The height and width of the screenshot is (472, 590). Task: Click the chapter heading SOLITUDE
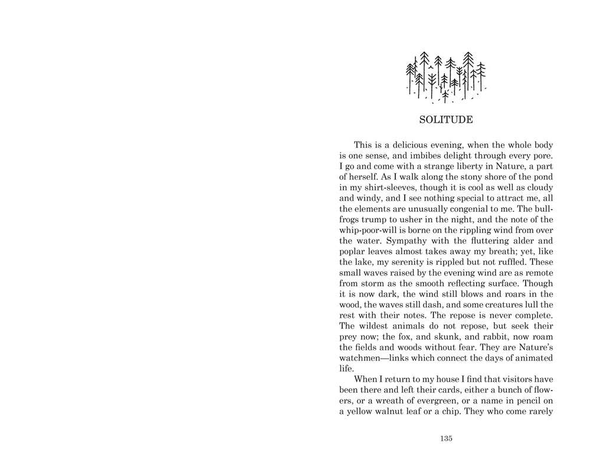[x=445, y=120]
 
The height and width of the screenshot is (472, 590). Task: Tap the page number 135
[x=445, y=438]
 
